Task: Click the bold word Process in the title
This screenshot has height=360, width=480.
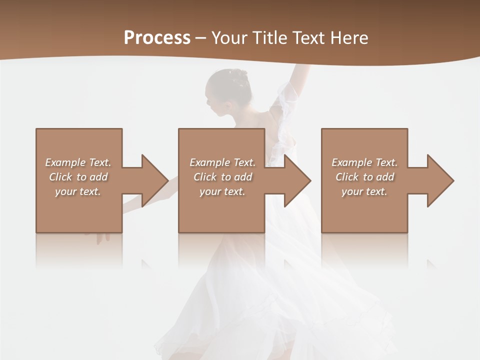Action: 157,38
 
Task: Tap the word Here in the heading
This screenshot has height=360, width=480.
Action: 347,38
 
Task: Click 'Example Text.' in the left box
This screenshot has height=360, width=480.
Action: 78,162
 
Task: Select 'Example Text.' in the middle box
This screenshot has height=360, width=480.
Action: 222,162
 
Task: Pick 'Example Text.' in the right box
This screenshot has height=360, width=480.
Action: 364,162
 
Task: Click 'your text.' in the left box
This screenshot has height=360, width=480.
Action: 78,191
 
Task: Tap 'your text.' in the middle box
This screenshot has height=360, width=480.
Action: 222,191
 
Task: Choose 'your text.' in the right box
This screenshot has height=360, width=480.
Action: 364,191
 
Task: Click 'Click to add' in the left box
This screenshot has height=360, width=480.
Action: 78,177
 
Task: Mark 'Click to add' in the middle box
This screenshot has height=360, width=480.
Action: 222,177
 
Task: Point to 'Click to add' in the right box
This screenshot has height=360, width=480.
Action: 364,177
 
